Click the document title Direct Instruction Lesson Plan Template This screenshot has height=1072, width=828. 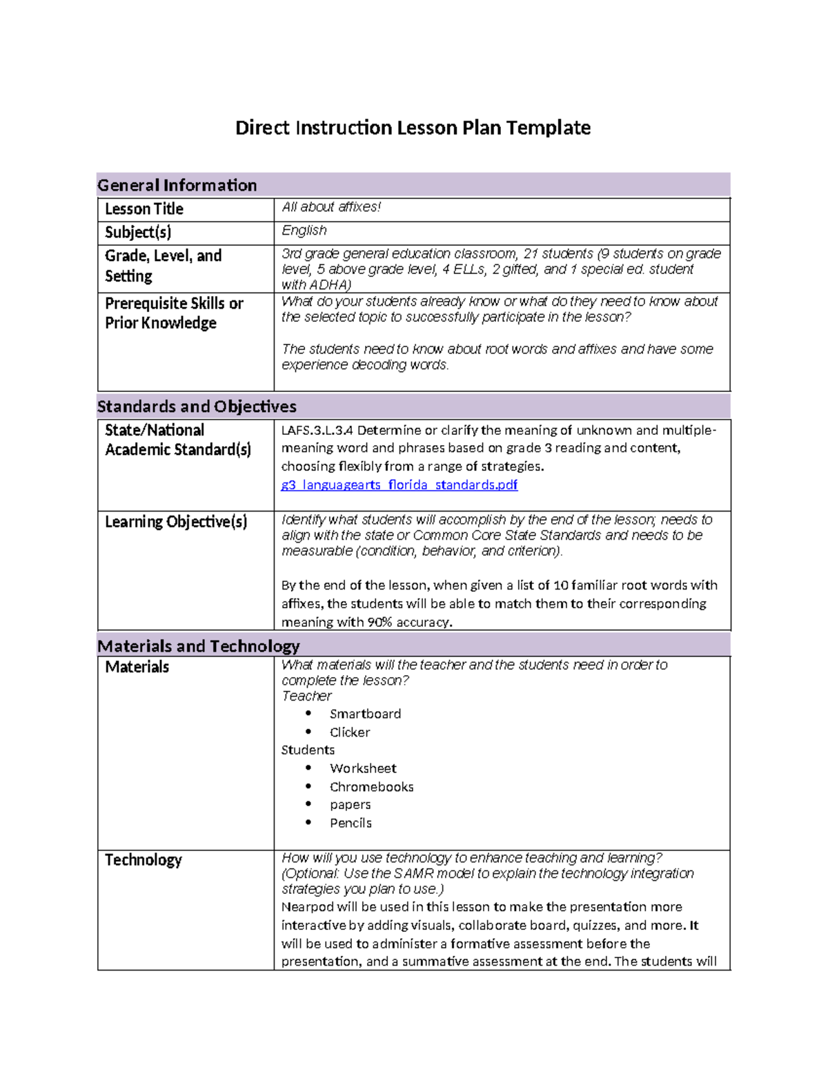tap(413, 128)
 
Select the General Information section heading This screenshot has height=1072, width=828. tap(177, 185)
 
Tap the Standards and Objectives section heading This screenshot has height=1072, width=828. tap(197, 406)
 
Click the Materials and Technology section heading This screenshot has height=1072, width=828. tap(199, 645)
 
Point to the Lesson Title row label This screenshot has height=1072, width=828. tap(144, 208)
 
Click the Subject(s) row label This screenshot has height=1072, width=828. tap(138, 232)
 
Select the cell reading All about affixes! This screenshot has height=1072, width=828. tap(331, 207)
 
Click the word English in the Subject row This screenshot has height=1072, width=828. tap(304, 231)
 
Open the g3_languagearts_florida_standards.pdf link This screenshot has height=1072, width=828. tap(400, 485)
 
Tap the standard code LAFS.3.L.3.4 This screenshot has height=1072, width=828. tap(317, 430)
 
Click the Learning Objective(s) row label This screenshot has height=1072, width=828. tap(176, 522)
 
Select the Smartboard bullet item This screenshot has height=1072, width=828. tap(365, 714)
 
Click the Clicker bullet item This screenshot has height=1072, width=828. tap(350, 732)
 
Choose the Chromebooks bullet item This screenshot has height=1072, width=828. tap(371, 787)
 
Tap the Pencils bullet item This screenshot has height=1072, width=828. tap(351, 823)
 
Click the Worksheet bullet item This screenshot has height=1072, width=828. tap(363, 768)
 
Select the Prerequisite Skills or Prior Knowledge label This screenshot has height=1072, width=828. tap(174, 313)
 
